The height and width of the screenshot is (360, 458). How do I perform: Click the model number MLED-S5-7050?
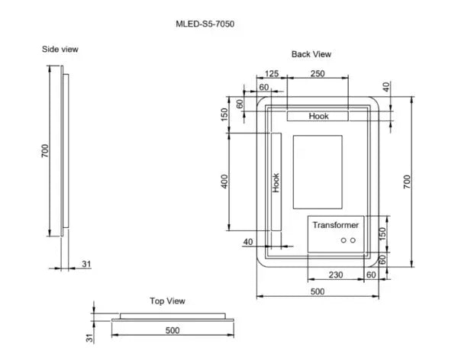point(205,24)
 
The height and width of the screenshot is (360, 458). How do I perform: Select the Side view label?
point(60,49)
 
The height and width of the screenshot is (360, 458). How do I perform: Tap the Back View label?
point(311,54)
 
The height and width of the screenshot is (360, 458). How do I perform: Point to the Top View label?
point(166,301)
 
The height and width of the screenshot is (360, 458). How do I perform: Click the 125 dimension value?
point(270,73)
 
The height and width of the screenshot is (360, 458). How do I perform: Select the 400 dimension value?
point(225,183)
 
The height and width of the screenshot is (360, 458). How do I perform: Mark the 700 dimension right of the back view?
point(407,182)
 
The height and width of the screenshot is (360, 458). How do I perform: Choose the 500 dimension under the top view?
point(172,330)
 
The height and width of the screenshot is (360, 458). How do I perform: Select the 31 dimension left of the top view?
point(89,336)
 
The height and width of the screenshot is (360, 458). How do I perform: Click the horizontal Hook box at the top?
point(318,116)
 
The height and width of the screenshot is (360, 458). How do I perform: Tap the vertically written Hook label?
point(276,182)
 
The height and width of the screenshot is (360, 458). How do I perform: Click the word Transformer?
point(335,226)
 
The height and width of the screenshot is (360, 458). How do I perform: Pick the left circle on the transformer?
point(343,240)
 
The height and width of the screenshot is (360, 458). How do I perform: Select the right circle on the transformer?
point(353,240)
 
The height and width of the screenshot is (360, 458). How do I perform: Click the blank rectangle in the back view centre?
point(318,172)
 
